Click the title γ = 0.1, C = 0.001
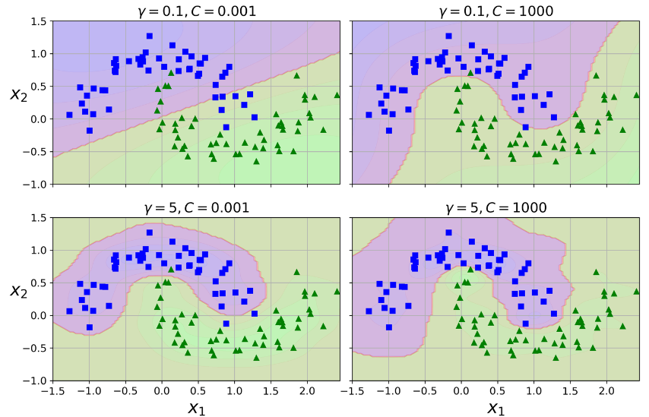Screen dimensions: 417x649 [x=196, y=11]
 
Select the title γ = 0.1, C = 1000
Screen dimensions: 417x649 [x=495, y=11]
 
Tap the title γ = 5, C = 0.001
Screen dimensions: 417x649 [x=196, y=207]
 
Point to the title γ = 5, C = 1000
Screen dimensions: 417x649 [x=495, y=207]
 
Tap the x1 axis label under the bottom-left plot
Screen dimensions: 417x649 [x=196, y=408]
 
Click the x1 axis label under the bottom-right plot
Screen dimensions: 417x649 [x=495, y=408]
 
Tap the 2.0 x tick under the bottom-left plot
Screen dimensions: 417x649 [x=307, y=390]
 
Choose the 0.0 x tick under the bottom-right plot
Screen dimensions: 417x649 [x=461, y=390]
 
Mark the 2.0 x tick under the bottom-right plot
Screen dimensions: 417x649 [x=606, y=390]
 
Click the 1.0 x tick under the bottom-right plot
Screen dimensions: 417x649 [x=533, y=390]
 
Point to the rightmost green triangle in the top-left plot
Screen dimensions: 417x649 [x=337, y=95]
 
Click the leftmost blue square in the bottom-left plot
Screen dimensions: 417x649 [x=69, y=311]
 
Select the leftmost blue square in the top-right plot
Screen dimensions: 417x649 [x=369, y=115]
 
